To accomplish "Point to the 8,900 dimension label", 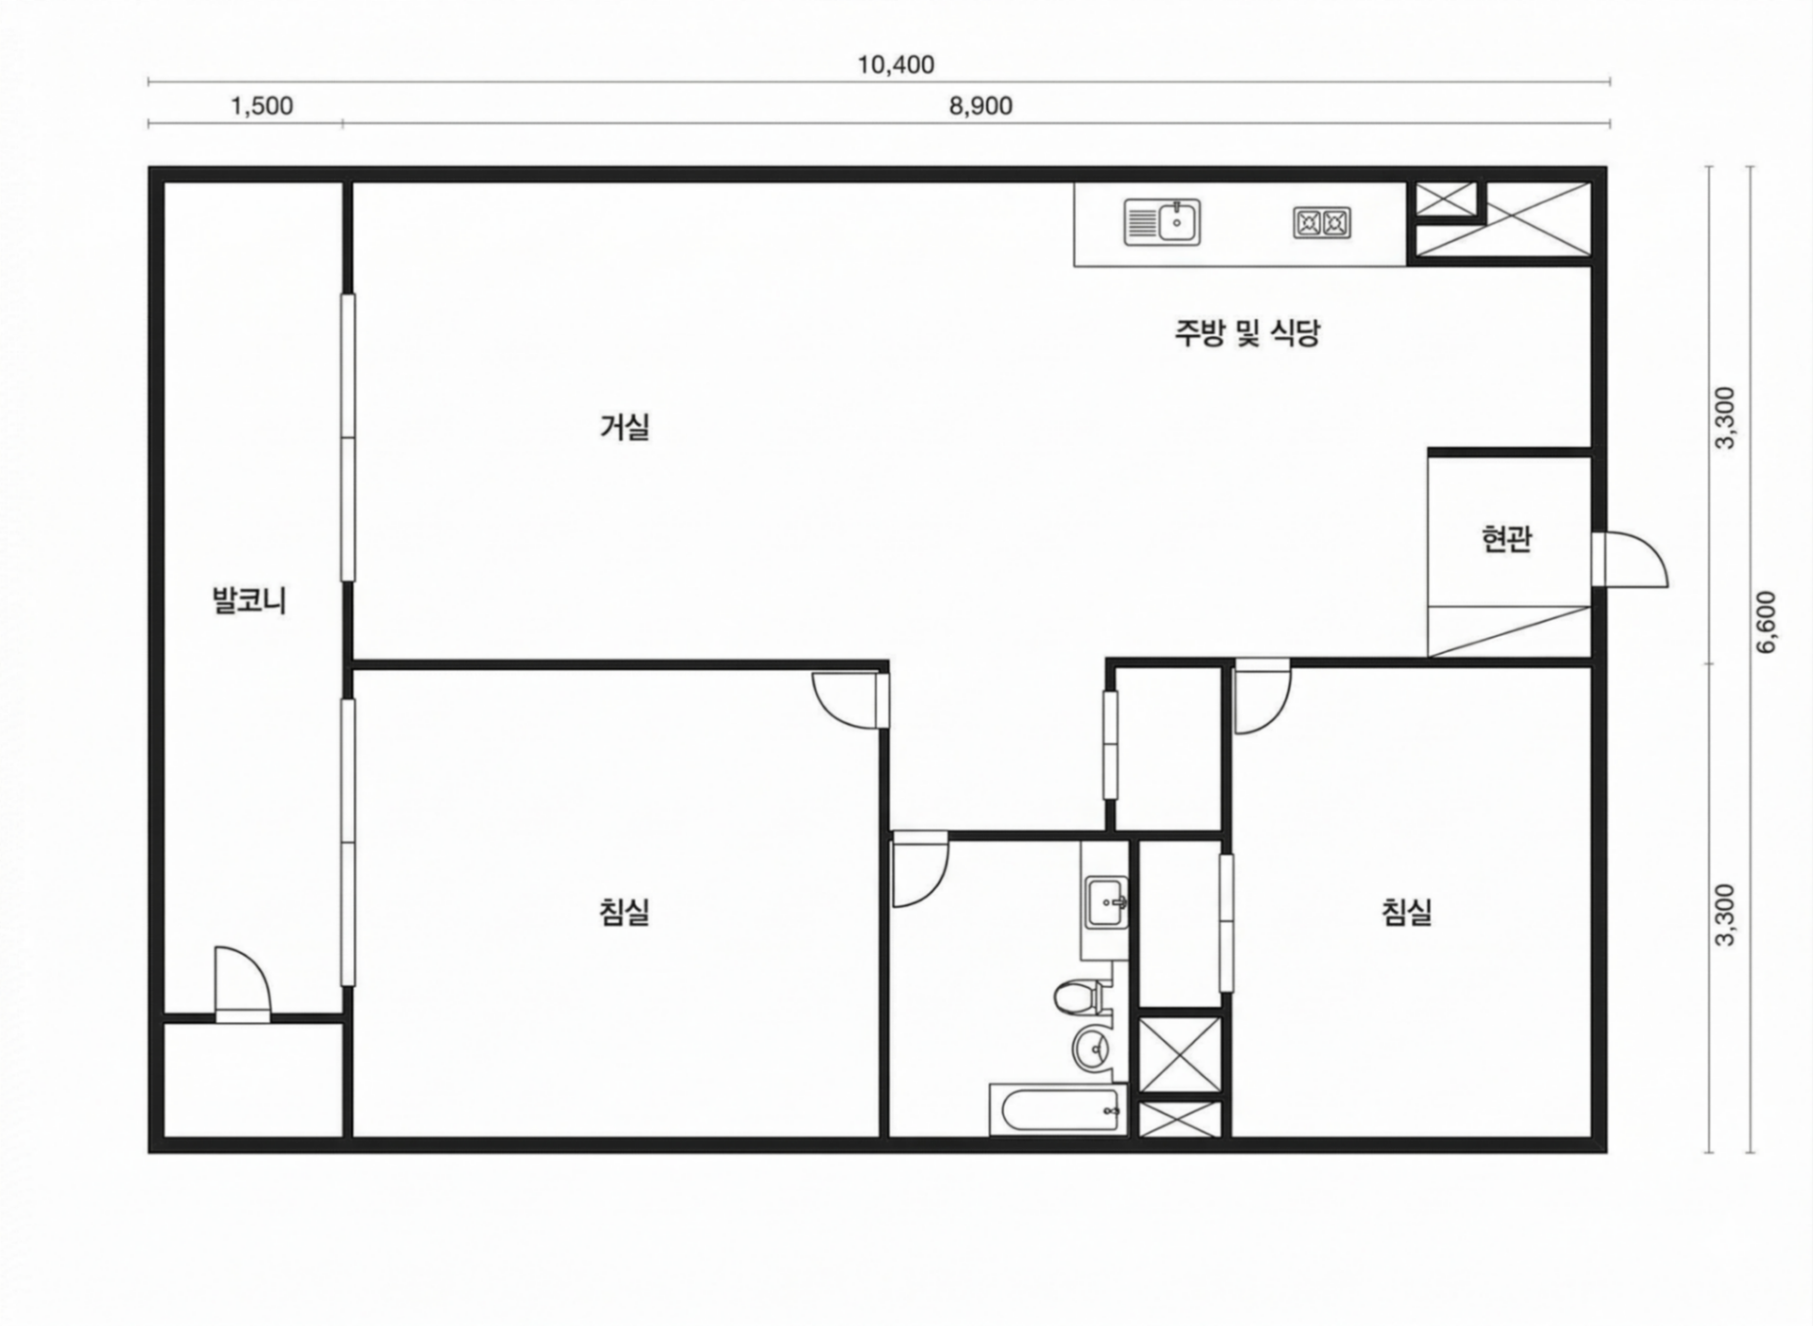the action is pos(981,106).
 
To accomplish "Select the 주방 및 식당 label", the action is pos(1247,332).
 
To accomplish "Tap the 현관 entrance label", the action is pos(1506,539).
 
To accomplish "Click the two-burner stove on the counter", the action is pos(1322,222).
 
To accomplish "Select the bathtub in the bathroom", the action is pos(1058,1110).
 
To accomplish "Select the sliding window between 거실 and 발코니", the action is pos(347,437).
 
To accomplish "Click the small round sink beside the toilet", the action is pos(1092,1046).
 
